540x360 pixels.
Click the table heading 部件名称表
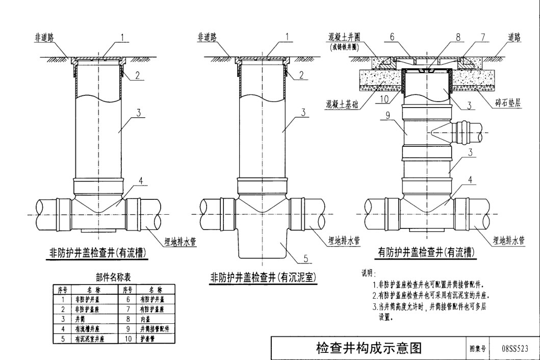[x=113, y=277]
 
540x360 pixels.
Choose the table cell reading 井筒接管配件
[x=153, y=329]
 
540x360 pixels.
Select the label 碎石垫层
[x=507, y=103]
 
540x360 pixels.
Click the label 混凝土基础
[x=343, y=104]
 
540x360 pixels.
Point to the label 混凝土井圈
[x=346, y=37]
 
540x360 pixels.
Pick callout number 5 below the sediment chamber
[x=305, y=259]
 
